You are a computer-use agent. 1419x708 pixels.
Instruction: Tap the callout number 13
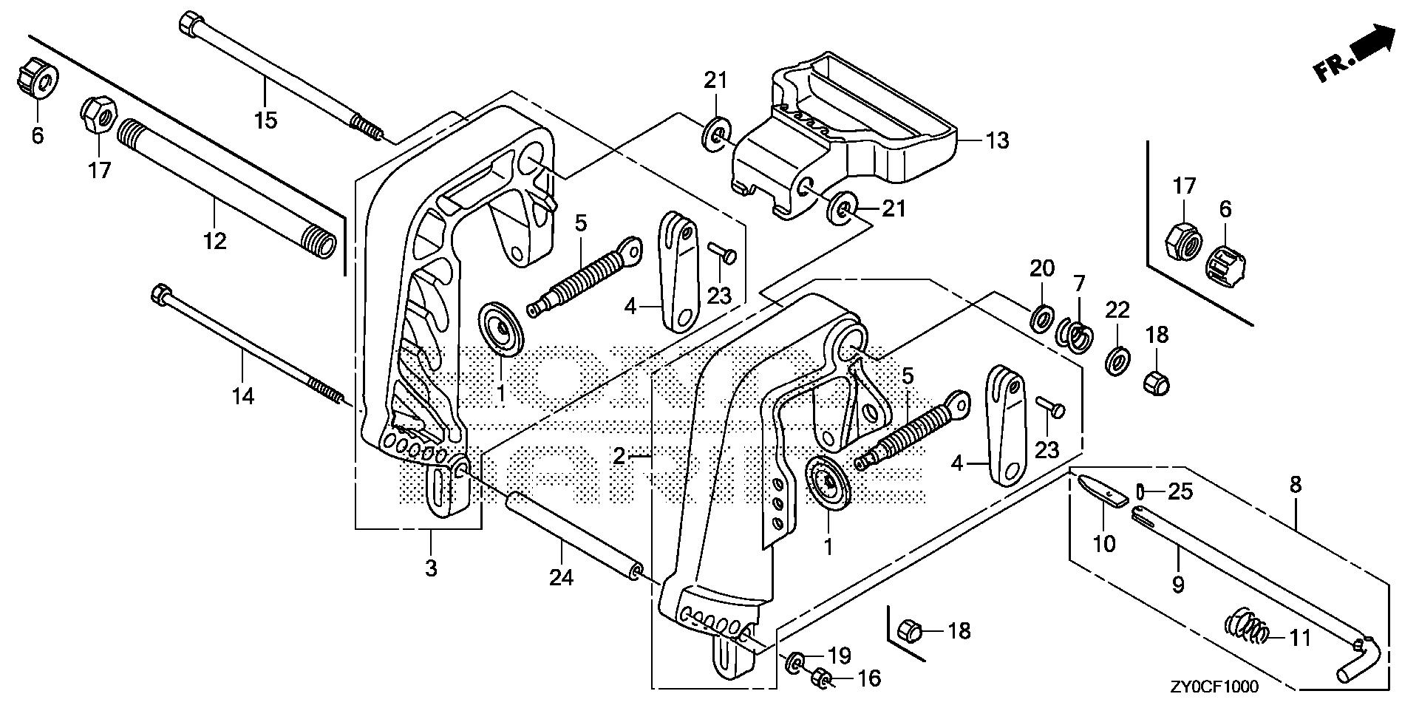997,140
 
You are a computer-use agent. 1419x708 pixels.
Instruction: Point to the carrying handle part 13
850,133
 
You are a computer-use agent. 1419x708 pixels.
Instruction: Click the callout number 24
561,577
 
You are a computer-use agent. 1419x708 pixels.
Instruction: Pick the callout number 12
215,240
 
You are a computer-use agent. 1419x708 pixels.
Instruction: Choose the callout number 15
265,119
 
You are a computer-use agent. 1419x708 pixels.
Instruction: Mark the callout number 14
242,396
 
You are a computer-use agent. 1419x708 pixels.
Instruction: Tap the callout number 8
1295,486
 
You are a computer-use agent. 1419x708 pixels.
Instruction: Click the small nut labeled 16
818,676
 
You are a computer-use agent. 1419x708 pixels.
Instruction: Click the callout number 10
1103,544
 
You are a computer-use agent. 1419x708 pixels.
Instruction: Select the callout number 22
1117,310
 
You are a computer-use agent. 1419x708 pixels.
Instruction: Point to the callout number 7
1079,283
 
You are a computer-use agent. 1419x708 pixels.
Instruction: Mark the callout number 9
1178,585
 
